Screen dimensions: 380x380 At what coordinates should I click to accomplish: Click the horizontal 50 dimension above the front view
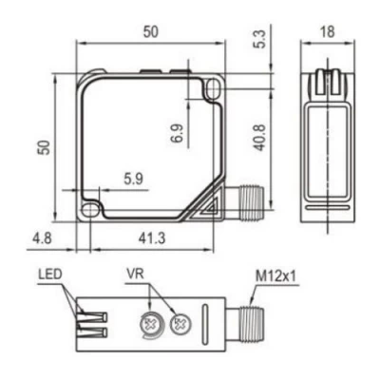150,31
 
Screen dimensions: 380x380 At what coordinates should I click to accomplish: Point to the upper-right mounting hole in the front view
212,87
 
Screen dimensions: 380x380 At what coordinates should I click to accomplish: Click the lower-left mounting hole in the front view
90,209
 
